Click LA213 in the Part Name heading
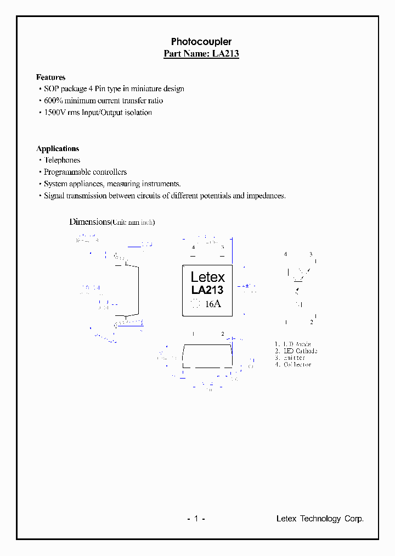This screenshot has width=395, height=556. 225,54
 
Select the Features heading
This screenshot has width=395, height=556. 50,77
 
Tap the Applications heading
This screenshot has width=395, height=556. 58,149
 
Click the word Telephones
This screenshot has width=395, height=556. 62,160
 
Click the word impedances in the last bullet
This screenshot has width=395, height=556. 266,196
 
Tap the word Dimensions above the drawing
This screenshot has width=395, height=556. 89,222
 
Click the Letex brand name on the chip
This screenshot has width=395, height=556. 207,277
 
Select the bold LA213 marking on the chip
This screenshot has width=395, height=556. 207,290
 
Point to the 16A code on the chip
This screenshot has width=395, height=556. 213,304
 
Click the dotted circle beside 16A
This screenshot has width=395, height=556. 195,304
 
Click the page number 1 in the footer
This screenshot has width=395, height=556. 195,519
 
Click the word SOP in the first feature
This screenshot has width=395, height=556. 52,89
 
